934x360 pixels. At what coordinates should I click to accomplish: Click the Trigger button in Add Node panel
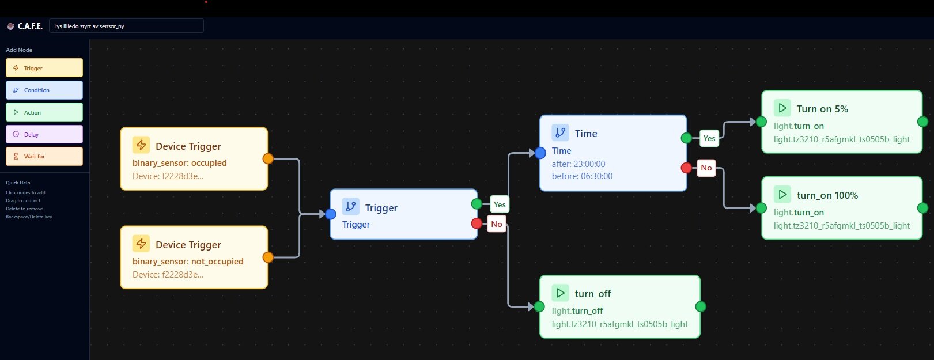pos(44,68)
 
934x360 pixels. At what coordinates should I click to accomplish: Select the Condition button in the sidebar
pos(44,90)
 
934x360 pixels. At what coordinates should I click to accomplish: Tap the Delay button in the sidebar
pos(44,134)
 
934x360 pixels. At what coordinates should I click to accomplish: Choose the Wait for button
pos(44,157)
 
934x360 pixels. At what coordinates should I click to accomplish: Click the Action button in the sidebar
pos(44,112)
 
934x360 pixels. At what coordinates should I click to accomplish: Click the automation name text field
pos(126,26)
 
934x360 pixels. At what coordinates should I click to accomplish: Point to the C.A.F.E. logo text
pos(30,26)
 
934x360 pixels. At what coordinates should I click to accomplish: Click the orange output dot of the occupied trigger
pos(268,158)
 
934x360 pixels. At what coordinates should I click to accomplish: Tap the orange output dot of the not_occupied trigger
pos(268,257)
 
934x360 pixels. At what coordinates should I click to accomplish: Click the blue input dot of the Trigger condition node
pos(330,214)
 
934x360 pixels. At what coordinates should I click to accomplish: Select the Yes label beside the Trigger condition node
pos(500,204)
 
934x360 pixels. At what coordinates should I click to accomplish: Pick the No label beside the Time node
pos(706,168)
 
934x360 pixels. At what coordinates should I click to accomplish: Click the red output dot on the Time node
pos(686,168)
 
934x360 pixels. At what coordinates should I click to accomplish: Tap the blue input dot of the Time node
pos(540,153)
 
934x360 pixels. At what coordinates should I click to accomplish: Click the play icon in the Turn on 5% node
pos(782,108)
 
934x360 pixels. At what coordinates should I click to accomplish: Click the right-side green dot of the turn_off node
pos(701,306)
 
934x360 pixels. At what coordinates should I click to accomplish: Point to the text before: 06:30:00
pos(582,176)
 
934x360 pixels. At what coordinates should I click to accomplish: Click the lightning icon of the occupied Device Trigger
pos(141,145)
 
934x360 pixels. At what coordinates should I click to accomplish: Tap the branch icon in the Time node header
pos(560,132)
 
